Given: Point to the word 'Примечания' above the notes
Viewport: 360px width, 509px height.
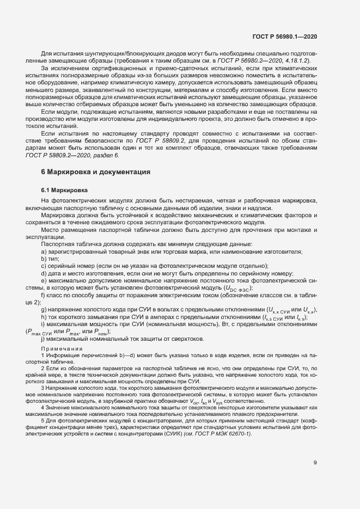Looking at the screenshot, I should point(62,348).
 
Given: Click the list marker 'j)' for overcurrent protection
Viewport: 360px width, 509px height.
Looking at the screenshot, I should point(43,339).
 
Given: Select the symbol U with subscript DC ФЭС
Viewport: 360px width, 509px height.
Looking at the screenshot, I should point(236,287).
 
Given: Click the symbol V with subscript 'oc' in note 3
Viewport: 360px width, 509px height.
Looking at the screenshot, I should point(215,400).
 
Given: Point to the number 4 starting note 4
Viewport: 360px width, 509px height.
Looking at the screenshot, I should point(42,407).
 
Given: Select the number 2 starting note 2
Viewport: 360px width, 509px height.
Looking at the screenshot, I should point(42,369).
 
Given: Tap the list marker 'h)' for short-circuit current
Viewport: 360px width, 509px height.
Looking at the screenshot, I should point(44,317).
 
